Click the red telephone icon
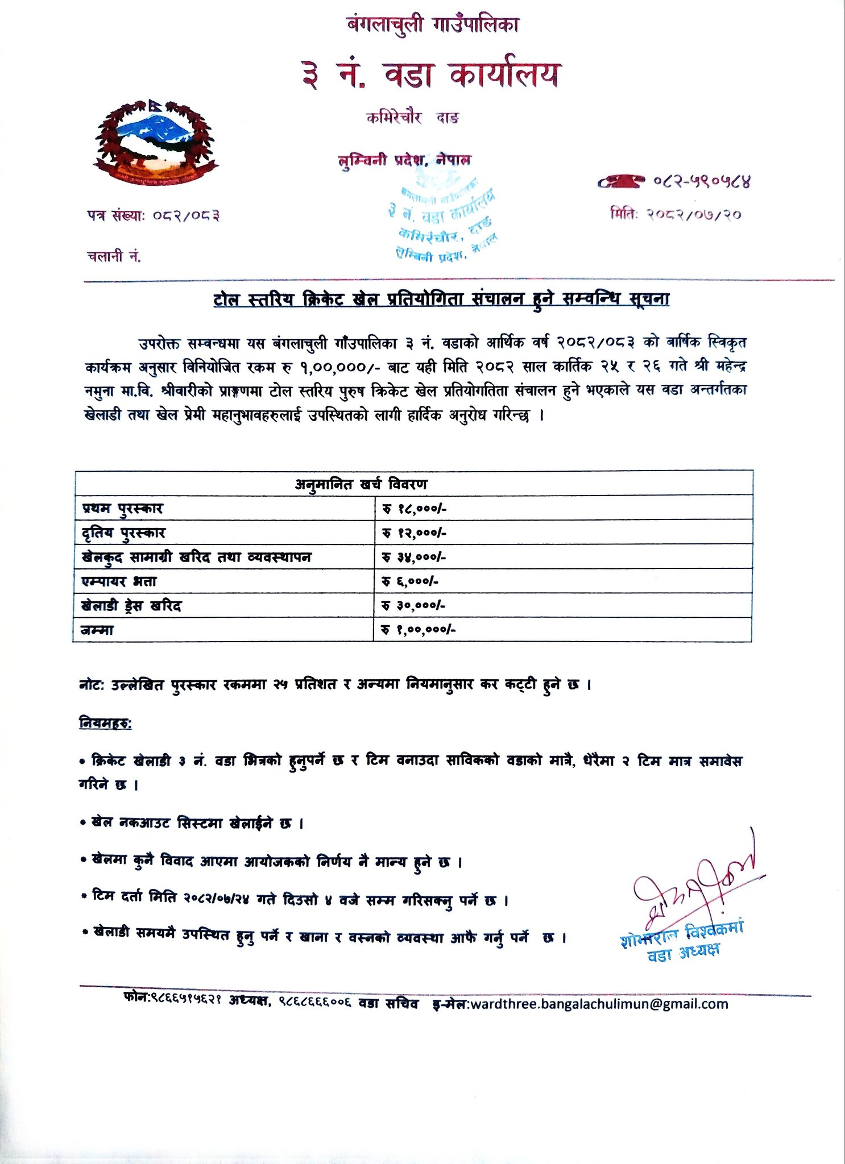pos(621,181)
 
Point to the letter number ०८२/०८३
pos(186,215)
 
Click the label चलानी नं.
pos(114,256)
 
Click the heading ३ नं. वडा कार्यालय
pos(431,75)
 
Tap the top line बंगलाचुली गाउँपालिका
pos(432,25)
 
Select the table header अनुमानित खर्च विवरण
pos(361,484)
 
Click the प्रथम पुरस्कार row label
pos(122,508)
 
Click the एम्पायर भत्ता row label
pos(119,581)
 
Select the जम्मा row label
pos(97,630)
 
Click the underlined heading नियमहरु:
pos(105,724)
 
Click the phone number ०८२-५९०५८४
pos(702,182)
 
